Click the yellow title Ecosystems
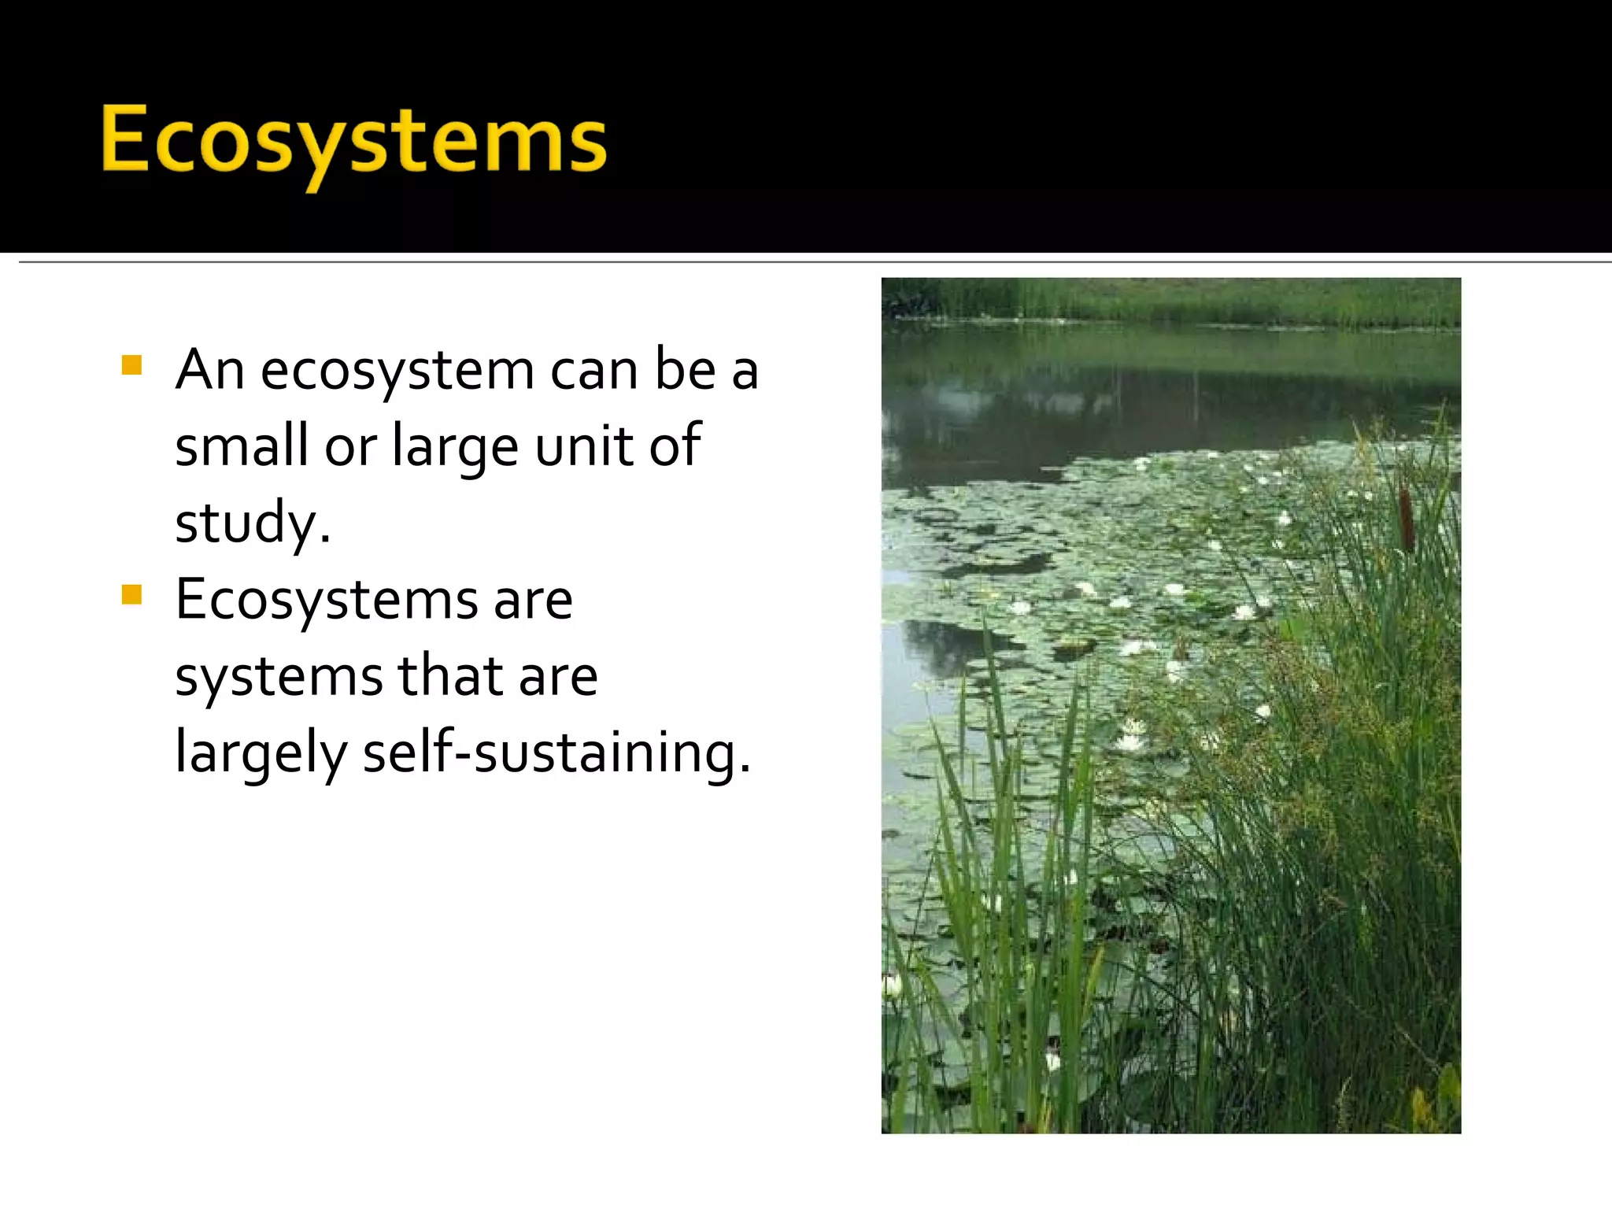(x=353, y=142)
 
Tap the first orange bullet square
(x=131, y=365)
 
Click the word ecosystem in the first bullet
(x=397, y=370)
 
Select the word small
(x=241, y=446)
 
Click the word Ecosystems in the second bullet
(x=326, y=600)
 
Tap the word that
(x=450, y=675)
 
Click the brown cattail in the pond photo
(x=1407, y=516)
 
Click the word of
(x=675, y=444)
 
